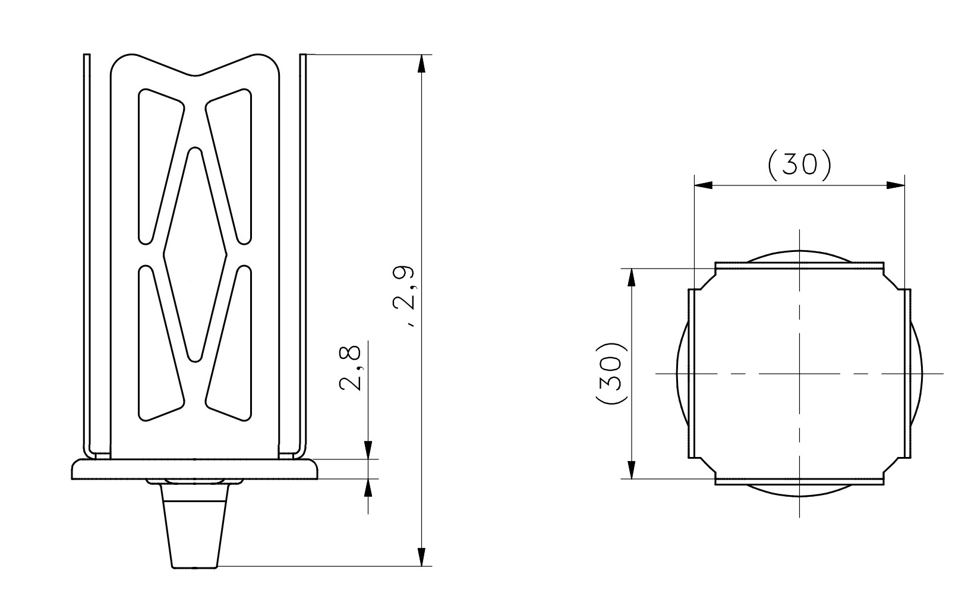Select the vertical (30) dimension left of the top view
611,373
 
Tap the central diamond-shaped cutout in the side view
195,254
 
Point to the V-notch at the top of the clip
196,74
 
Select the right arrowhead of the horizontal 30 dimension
895,185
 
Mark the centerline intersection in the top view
800,373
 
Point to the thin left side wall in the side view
87,250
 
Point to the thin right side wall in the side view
302,250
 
